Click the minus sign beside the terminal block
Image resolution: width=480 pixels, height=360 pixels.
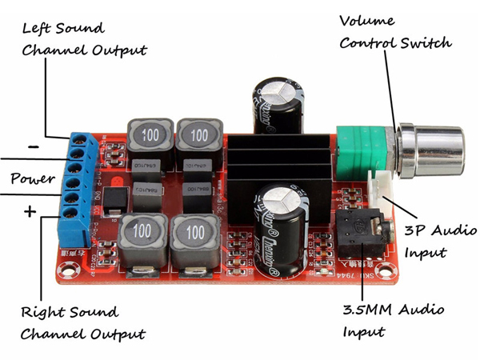tap(34, 146)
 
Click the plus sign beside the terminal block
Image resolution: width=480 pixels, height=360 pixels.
tap(30, 212)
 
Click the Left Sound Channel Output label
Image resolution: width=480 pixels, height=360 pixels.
tap(84, 38)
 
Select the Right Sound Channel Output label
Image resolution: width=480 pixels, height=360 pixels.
tap(83, 322)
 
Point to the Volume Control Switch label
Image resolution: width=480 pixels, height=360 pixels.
tap(394, 31)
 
